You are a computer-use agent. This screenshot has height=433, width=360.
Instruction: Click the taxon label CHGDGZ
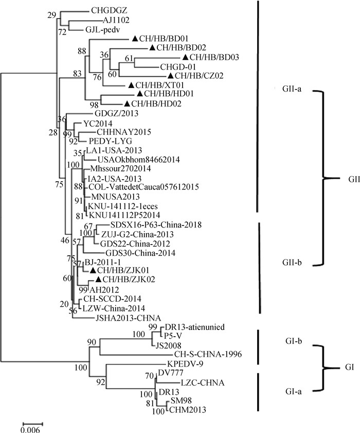pyautogui.click(x=106, y=10)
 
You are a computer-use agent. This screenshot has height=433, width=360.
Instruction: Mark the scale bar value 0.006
pyautogui.click(x=30, y=429)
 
